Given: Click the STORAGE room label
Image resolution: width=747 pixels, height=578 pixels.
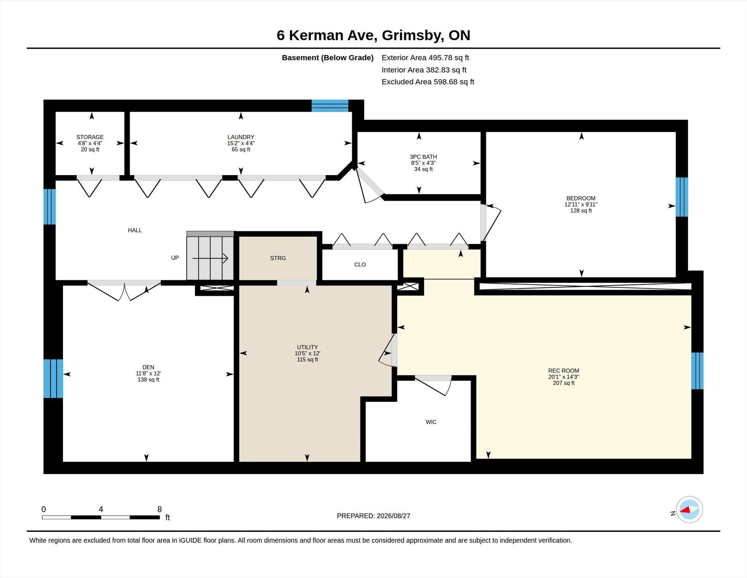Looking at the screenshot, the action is [90, 137].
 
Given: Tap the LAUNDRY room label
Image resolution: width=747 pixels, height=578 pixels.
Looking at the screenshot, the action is [241, 137].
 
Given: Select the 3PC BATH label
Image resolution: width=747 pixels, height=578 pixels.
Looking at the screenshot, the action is [423, 157].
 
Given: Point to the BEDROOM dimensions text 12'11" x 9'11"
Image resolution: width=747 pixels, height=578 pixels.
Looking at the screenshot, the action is [581, 204].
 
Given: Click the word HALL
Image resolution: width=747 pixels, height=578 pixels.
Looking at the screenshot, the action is [135, 230].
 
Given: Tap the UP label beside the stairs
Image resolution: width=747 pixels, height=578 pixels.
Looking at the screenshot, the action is [175, 258].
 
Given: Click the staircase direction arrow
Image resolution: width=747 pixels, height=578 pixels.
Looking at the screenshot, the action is [210, 259].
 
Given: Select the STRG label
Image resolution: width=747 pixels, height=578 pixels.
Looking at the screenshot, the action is [278, 258].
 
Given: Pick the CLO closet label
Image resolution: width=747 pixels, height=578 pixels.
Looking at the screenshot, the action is [360, 265].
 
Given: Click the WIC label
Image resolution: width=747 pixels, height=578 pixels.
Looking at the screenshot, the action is [431, 422].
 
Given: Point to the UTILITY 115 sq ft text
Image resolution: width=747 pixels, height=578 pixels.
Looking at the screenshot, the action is [307, 360].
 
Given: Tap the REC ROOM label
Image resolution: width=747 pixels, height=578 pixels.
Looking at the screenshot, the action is [564, 371].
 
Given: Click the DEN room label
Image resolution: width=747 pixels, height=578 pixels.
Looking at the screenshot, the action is [148, 367].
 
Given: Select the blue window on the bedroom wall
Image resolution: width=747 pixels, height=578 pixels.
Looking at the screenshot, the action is [682, 197].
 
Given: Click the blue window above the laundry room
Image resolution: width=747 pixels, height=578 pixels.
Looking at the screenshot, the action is [330, 106].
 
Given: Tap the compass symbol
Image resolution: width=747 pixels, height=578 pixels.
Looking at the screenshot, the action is [689, 510].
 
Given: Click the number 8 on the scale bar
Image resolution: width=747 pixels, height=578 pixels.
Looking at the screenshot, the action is [159, 509].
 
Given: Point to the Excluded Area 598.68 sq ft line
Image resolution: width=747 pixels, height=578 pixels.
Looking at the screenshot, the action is [428, 82].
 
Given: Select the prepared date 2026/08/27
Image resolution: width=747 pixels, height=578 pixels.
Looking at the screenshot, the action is [394, 516].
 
